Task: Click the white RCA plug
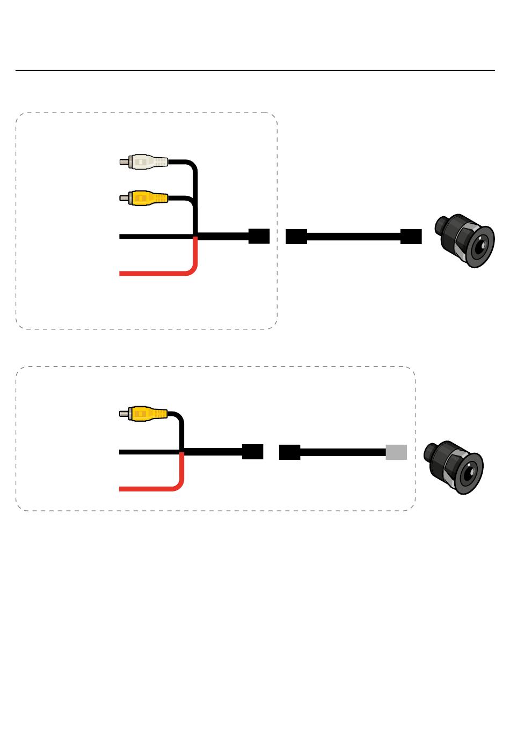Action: click(148, 161)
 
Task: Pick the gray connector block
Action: click(396, 452)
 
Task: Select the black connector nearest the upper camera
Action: click(411, 237)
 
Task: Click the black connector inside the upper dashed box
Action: click(259, 237)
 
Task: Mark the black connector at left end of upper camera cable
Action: click(296, 237)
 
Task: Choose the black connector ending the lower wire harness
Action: click(252, 452)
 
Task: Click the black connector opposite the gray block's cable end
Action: click(289, 452)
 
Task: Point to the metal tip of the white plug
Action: click(123, 161)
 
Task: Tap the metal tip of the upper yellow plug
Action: click(123, 198)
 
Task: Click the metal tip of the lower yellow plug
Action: click(123, 414)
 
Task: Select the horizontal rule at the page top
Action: click(255, 70)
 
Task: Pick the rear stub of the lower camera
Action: click(429, 452)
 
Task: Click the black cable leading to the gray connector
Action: click(344, 452)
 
